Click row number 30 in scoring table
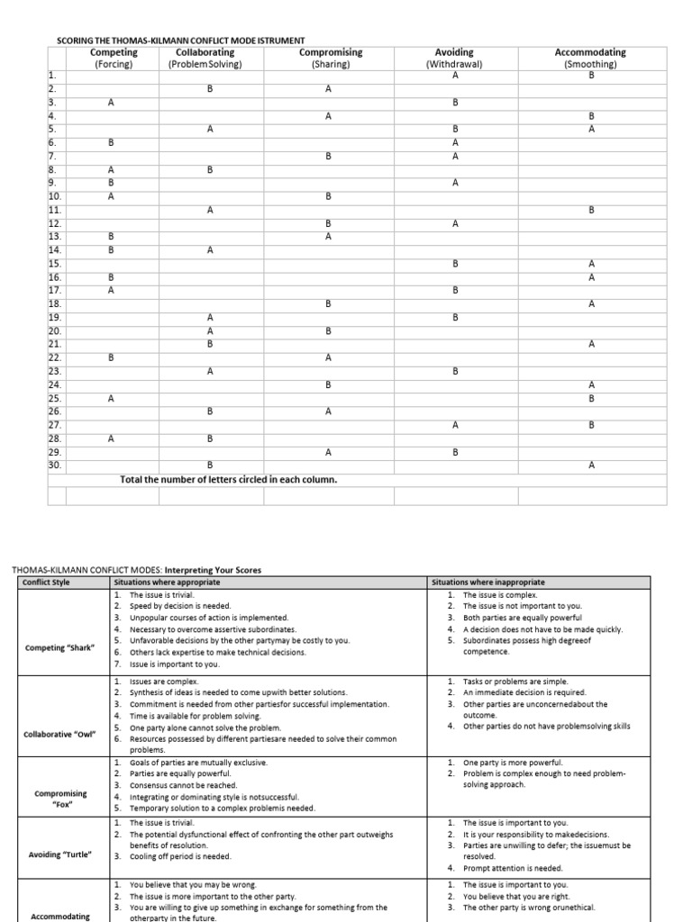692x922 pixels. pos(54,465)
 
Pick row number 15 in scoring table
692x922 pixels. pos(54,264)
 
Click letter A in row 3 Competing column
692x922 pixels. pos(112,103)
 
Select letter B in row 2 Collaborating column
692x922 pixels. pos(210,89)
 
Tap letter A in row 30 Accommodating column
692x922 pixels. pos(592,465)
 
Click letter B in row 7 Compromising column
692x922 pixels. pos(329,156)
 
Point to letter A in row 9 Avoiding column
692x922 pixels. pos(456,183)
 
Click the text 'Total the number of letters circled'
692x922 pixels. pos(229,480)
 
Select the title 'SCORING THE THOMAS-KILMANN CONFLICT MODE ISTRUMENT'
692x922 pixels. pos(181,41)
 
